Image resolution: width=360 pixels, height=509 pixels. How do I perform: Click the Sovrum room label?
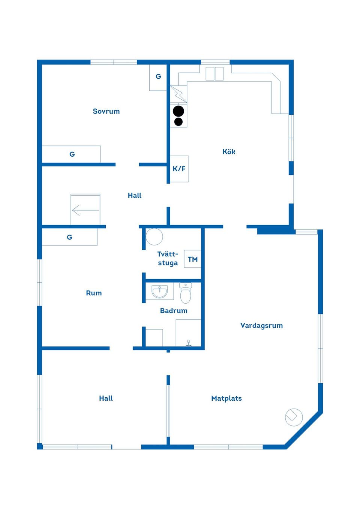pyautogui.click(x=106, y=111)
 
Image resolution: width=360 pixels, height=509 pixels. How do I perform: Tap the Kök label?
pyautogui.click(x=229, y=152)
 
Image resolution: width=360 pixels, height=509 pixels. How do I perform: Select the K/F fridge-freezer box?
pyautogui.click(x=179, y=169)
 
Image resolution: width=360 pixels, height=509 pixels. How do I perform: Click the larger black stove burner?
pyautogui.click(x=178, y=111)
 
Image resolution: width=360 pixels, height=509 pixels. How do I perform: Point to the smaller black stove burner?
pyautogui.click(x=178, y=121)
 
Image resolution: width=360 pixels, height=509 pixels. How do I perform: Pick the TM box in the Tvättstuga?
pyautogui.click(x=193, y=259)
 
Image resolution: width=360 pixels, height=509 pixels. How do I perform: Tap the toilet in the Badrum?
pyautogui.click(x=186, y=293)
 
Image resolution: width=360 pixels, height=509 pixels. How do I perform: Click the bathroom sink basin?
pyautogui.click(x=160, y=292)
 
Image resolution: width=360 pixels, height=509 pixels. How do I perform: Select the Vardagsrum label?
pyautogui.click(x=261, y=326)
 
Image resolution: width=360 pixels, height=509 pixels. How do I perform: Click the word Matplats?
pyautogui.click(x=226, y=398)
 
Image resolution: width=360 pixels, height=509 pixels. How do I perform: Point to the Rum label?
pyautogui.click(x=94, y=293)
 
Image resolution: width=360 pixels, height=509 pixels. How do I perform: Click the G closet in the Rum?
pyautogui.click(x=69, y=237)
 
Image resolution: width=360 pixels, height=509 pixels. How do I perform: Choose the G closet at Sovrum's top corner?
pyautogui.click(x=158, y=77)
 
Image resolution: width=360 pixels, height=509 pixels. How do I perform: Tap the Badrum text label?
pyautogui.click(x=174, y=311)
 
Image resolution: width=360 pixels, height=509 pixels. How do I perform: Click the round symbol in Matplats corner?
pyautogui.click(x=294, y=417)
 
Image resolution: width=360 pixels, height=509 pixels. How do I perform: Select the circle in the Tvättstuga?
pyautogui.click(x=154, y=237)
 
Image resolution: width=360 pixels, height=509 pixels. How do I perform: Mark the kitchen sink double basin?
pyautogui.click(x=214, y=73)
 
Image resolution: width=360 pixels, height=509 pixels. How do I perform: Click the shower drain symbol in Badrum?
pyautogui.click(x=189, y=343)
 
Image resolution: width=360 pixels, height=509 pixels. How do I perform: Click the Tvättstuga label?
pyautogui.click(x=168, y=259)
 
